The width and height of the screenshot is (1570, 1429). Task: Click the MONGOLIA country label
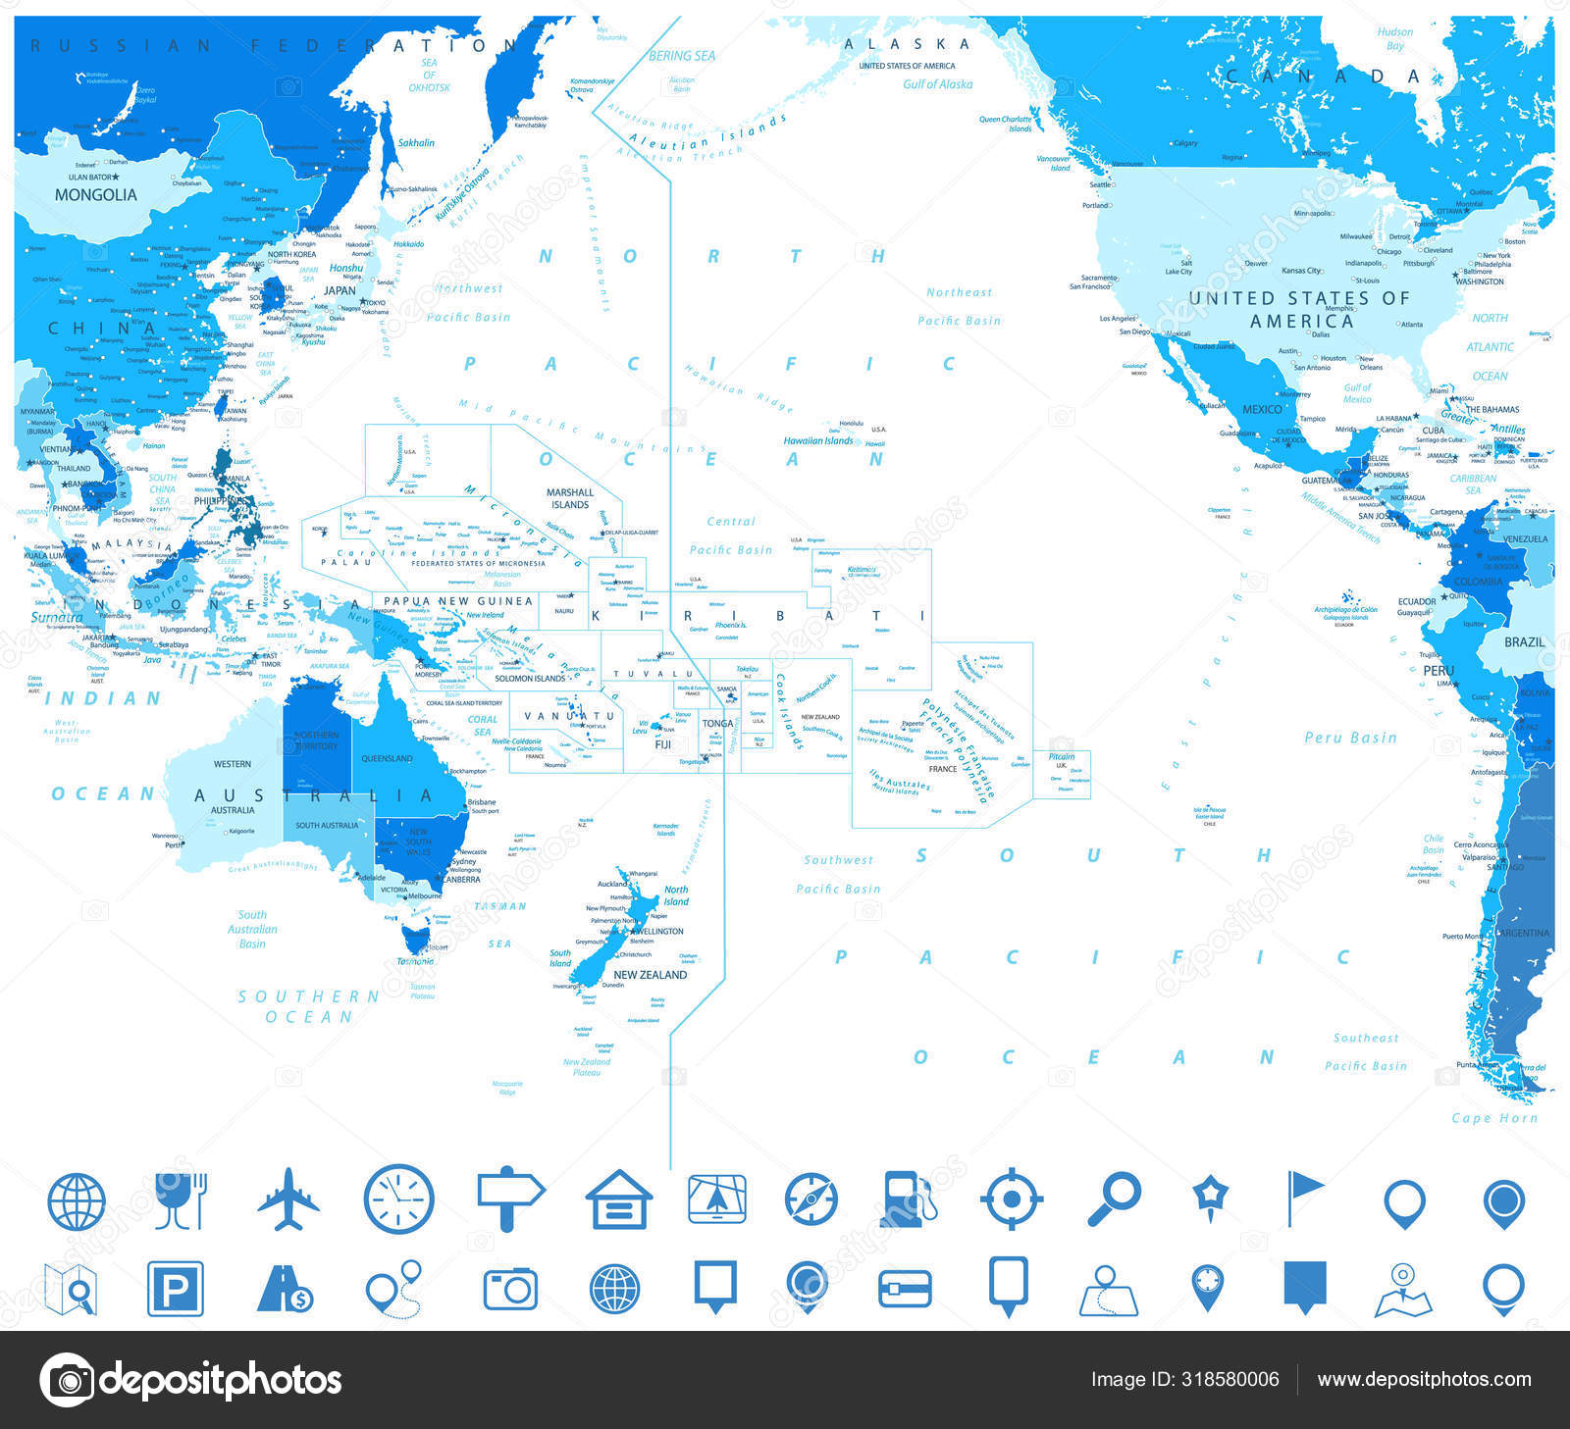point(95,195)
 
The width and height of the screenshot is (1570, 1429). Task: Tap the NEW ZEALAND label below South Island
point(650,975)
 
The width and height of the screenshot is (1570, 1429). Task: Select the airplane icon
point(288,1199)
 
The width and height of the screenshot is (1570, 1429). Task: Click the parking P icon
point(175,1288)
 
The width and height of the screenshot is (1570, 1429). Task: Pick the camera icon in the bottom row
point(510,1288)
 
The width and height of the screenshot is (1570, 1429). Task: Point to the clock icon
point(398,1199)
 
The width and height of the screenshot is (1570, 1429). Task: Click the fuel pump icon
point(908,1199)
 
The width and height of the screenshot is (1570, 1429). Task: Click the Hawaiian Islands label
point(818,441)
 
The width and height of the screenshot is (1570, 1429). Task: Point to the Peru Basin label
point(1350,738)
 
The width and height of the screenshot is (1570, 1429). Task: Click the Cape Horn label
point(1494,1118)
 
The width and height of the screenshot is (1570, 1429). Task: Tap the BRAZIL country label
point(1524,642)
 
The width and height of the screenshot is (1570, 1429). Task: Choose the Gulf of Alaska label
point(937,84)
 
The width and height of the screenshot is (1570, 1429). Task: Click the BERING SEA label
point(682,57)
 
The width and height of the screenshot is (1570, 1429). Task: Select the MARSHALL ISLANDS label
point(570,498)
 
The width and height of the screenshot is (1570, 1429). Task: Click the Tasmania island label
point(415,961)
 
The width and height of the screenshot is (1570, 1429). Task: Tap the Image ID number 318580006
point(1184,1380)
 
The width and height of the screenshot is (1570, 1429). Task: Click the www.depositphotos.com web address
point(1424,1380)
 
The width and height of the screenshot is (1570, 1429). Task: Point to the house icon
point(619,1199)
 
